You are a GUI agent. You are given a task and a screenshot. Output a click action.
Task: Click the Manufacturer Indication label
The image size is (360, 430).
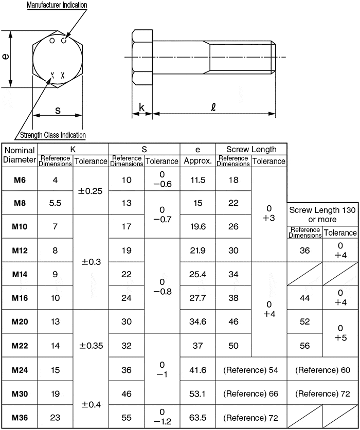[57, 5]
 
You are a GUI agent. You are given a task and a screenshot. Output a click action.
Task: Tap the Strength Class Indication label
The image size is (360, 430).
[52, 135]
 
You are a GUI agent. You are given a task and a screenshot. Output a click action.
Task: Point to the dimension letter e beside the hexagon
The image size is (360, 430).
[6, 57]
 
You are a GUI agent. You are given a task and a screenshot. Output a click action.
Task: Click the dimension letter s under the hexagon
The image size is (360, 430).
[58, 110]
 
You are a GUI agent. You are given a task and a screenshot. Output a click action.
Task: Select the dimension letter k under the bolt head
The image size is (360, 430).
[141, 108]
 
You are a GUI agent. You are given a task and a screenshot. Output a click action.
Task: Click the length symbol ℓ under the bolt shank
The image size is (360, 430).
[213, 107]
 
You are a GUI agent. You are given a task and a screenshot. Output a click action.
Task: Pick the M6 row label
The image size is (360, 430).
[19, 180]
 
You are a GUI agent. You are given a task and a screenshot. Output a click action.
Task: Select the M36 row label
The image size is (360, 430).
[19, 417]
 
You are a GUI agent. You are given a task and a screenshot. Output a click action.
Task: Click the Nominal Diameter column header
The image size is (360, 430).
[19, 155]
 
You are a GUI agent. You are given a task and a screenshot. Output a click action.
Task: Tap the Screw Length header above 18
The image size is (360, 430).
[251, 149]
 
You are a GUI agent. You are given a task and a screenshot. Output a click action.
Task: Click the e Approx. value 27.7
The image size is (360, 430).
[197, 298]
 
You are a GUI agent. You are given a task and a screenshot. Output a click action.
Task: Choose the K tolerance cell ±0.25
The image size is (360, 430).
[91, 191]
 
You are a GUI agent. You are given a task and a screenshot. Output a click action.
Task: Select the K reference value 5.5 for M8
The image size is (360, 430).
[55, 203]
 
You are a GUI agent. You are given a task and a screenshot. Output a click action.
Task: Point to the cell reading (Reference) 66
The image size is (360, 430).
[250, 393]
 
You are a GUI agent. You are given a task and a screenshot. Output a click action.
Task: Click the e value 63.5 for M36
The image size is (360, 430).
[197, 417]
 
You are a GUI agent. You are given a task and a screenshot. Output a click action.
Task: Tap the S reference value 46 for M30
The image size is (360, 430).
[126, 393]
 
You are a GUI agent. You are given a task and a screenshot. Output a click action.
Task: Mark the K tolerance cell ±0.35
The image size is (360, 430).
[91, 346]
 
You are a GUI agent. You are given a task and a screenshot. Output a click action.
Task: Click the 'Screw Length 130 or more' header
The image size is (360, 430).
[322, 214]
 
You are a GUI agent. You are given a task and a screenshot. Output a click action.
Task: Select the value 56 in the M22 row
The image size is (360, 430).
[304, 346]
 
